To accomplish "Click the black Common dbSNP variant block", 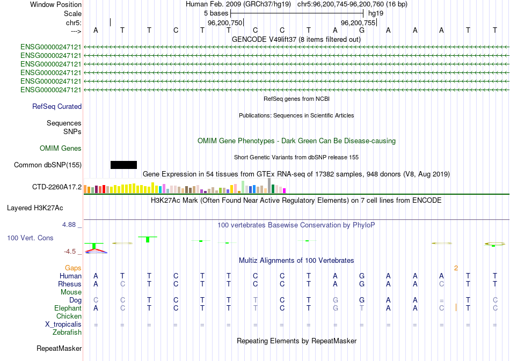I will point(123,165).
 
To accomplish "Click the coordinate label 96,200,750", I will point(225,23).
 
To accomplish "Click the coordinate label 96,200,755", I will point(359,23).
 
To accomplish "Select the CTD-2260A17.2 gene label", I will point(57,187).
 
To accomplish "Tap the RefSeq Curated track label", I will point(57,107).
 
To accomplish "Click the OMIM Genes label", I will point(61,148).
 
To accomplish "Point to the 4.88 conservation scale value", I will point(70,225).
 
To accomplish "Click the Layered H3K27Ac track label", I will point(35,208).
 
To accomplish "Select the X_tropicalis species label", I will point(63,325).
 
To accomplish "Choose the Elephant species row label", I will point(68,308).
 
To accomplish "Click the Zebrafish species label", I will point(67,333).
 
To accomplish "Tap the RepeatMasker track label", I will point(59,349).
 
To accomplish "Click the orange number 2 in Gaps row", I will point(456,268).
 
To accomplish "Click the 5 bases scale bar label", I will point(216,13).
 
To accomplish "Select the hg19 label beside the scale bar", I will point(375,13).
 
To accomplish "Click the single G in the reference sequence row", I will point(362,30).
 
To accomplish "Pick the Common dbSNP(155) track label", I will point(48,165).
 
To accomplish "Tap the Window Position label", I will point(56,4).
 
